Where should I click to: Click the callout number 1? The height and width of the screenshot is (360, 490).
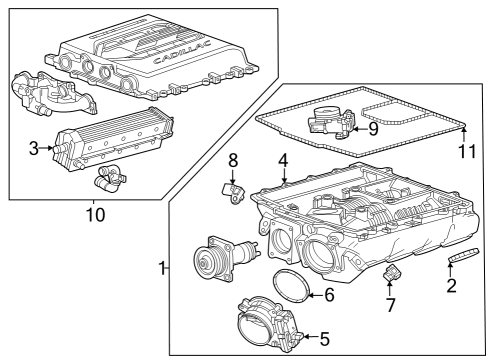coord(163,267)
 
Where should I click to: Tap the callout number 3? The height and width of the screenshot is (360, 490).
coord(33,149)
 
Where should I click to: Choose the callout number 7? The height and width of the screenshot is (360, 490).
coord(390,304)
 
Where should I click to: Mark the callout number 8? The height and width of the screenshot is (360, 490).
coord(232,160)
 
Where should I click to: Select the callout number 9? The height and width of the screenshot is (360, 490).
coord(372,127)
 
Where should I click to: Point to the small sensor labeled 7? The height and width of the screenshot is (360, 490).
coord(392,274)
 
